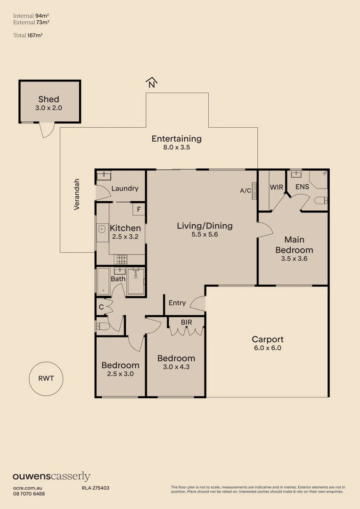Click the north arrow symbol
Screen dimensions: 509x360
[151, 83]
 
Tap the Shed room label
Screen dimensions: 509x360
[49, 99]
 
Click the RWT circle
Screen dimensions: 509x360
[46, 378]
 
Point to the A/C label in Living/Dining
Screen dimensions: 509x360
[245, 190]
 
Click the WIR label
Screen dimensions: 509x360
[276, 187]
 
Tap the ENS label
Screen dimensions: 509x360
[302, 187]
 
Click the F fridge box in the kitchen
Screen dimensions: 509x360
[139, 209]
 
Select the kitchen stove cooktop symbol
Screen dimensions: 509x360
[122, 258]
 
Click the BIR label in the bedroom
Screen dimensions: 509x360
[187, 322]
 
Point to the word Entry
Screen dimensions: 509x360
[177, 303]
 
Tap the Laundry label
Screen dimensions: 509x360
[125, 189]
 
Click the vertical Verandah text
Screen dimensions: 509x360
[77, 194]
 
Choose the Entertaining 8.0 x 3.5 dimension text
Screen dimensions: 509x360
[176, 147]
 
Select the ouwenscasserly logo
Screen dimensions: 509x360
[51, 476]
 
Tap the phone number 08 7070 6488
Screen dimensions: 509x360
[29, 493]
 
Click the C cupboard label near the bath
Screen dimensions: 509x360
[101, 307]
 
